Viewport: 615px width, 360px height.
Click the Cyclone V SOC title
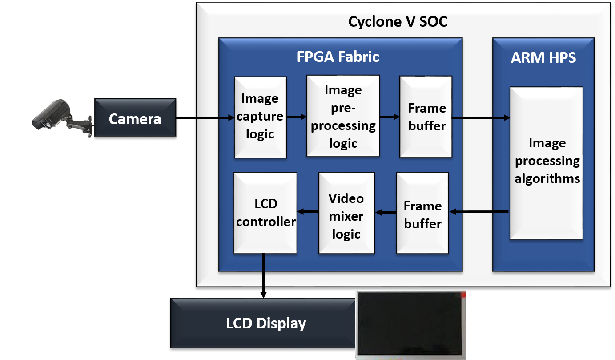point(398,21)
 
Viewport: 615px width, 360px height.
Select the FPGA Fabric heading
point(338,57)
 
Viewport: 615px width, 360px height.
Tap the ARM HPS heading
point(543,57)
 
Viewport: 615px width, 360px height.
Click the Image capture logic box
point(260,117)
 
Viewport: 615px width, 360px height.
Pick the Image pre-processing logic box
point(343,116)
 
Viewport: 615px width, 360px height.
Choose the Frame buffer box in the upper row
point(426,117)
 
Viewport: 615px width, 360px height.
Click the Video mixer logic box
point(346,216)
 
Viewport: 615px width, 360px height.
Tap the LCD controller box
point(265,213)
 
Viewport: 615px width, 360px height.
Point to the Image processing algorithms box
point(547,162)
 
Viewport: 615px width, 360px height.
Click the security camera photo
point(62,118)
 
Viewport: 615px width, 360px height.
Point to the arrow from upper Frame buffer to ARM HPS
point(481,118)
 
